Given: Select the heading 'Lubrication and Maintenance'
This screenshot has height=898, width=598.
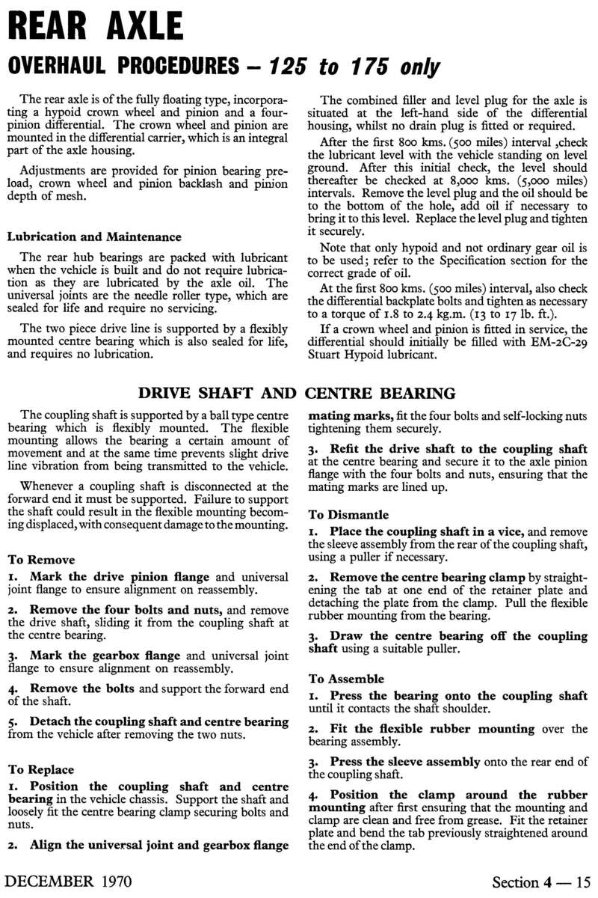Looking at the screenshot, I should coord(94,237).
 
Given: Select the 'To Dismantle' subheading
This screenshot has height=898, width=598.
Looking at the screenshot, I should coord(348,514).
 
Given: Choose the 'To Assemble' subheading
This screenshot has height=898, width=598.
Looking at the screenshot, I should coord(346,679).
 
